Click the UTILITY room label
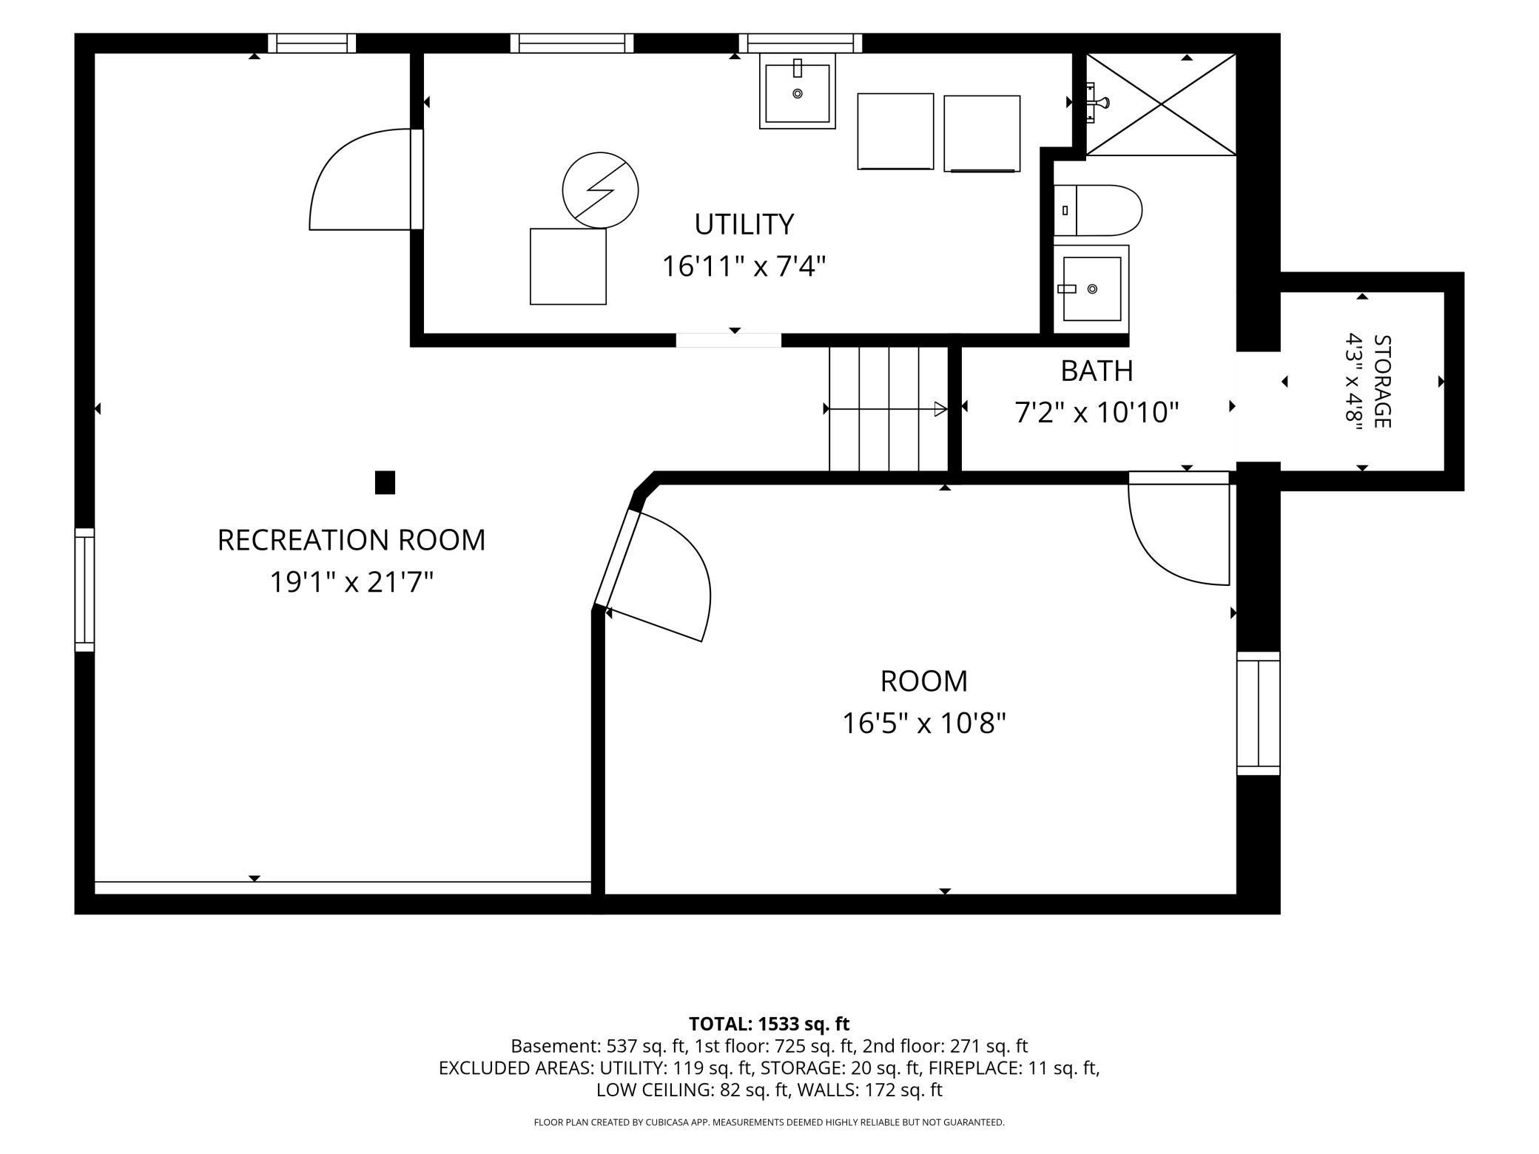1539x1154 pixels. click(x=744, y=224)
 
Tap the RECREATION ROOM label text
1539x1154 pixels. click(x=351, y=540)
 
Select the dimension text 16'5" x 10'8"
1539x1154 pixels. click(x=924, y=723)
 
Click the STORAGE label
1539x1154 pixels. click(x=1381, y=382)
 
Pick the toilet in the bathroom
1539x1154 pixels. click(x=1098, y=211)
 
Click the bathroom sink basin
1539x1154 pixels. click(x=1091, y=289)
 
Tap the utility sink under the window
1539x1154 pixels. click(x=797, y=91)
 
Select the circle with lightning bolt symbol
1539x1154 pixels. click(x=600, y=190)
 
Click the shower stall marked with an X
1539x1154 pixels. click(x=1161, y=104)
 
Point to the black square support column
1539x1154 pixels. click(x=385, y=482)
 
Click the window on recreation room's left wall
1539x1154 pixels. click(x=84, y=590)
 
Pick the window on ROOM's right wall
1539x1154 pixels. click(x=1259, y=713)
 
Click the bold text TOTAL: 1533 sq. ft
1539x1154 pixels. click(x=769, y=1024)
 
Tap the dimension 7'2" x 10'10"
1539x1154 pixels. click(x=1097, y=413)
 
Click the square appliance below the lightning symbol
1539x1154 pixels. click(x=568, y=266)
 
